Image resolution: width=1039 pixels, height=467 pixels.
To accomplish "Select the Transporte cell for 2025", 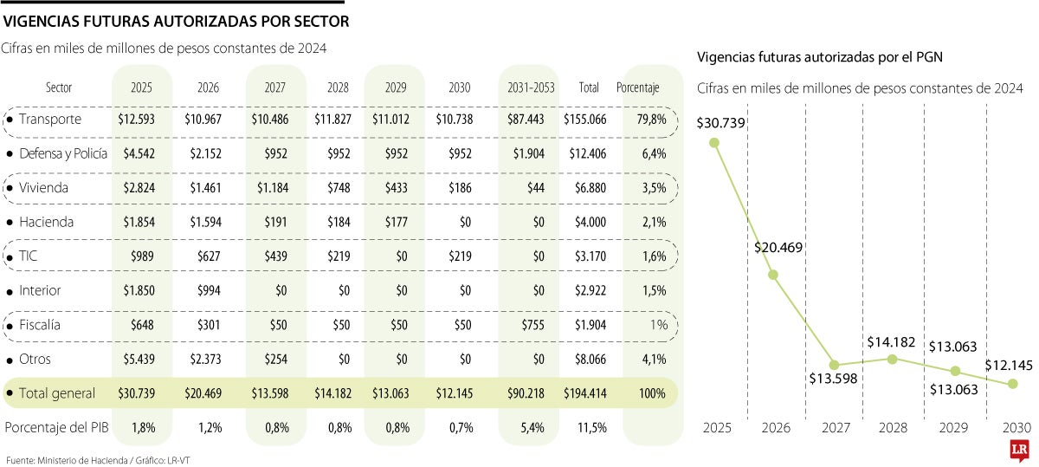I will tap(136, 119).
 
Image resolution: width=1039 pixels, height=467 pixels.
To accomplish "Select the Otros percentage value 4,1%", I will tap(654, 359).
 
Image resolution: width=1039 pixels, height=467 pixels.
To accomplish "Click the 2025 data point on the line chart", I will tap(714, 144).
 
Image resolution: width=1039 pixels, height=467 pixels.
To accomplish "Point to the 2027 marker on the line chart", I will tap(834, 365).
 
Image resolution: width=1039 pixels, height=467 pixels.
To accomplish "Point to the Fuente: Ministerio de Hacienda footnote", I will tap(97, 459).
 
